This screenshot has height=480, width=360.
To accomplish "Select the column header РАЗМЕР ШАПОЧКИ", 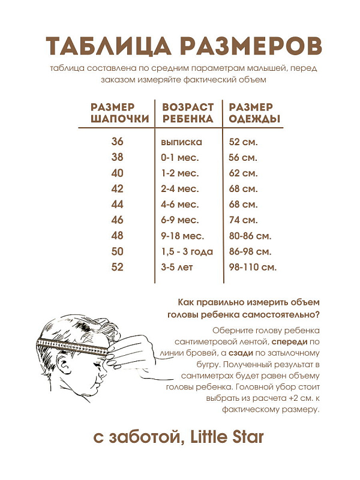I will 120,113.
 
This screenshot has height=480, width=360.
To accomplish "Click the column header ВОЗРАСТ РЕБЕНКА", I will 188,113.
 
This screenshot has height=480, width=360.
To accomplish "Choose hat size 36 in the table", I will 117,142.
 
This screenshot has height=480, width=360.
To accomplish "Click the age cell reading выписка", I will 182,142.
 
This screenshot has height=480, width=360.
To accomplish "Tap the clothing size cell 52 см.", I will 244,142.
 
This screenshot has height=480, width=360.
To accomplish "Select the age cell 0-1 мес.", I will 180,158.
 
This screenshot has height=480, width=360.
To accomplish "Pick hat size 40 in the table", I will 117,173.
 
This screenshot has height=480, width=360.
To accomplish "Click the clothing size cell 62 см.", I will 244,173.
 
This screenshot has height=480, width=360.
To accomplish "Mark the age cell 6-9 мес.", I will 180,220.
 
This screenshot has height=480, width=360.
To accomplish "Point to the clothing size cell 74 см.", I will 244,220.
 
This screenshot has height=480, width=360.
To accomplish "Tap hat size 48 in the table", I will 117,236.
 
